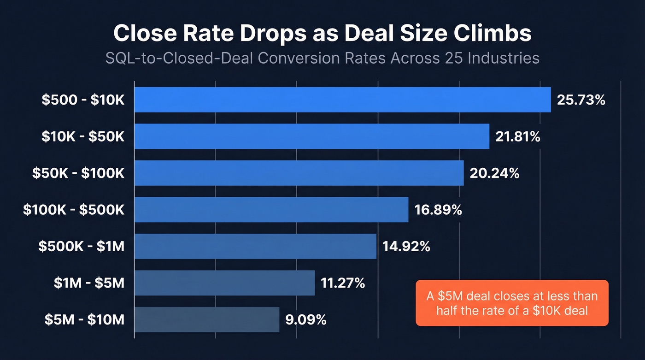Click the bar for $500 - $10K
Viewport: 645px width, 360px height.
342,100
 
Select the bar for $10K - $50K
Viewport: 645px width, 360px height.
311,136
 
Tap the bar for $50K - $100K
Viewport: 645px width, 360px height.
299,173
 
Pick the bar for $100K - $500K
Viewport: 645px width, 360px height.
271,210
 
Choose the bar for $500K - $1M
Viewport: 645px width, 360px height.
255,246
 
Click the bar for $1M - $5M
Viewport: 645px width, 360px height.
224,283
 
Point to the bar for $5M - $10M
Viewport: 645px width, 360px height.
206,319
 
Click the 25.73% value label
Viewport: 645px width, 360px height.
580,100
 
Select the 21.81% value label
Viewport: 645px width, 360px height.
518,136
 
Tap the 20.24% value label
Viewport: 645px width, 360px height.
494,173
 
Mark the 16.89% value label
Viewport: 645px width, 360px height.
438,210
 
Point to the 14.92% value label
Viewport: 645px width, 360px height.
406,246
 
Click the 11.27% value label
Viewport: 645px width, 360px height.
343,283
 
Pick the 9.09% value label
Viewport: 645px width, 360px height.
306,319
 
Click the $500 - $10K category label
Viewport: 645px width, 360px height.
83,100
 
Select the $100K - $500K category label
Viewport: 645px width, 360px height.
74,210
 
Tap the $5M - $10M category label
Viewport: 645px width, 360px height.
84,319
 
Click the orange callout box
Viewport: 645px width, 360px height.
512,303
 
